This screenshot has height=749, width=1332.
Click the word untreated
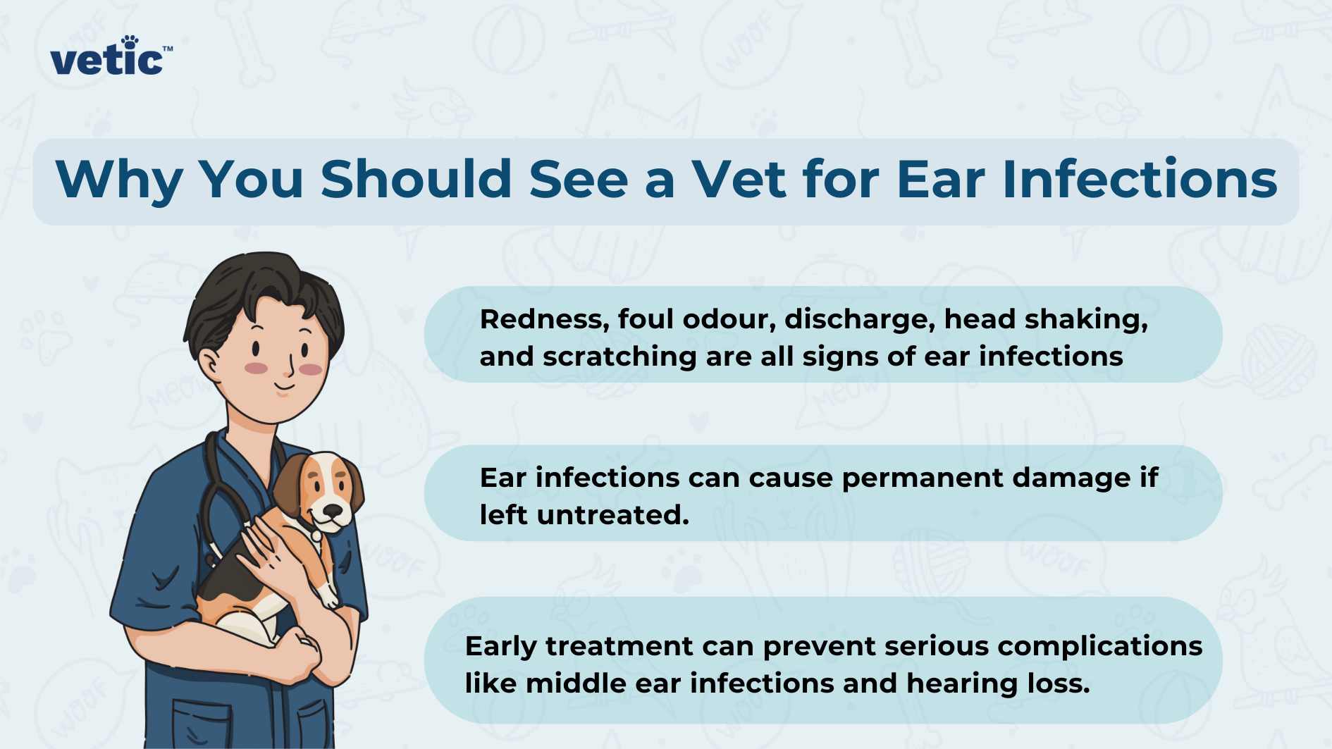(612, 516)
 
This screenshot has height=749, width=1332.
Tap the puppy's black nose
(333, 511)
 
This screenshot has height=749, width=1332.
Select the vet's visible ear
(209, 362)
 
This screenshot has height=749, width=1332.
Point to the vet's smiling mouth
(285, 387)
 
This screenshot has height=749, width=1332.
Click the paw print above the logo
(130, 41)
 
